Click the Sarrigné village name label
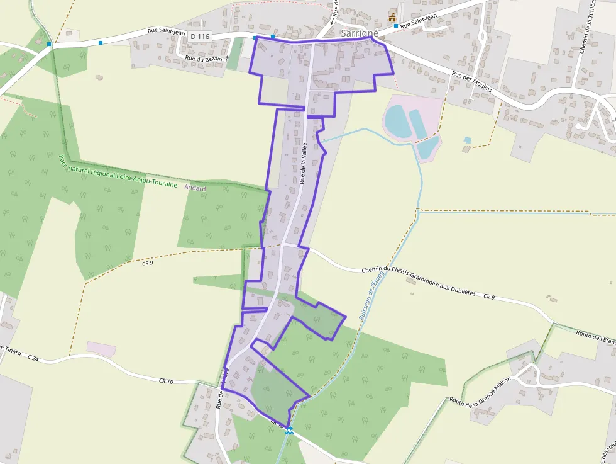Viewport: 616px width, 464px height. tap(358, 33)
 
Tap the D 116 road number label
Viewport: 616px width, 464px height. tap(199, 37)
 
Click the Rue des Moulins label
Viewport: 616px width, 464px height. tap(471, 82)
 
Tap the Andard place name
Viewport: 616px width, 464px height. tap(195, 188)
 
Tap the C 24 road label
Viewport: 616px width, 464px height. tap(33, 358)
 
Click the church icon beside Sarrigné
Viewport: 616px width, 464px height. tap(393, 17)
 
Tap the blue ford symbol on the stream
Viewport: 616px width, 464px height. tap(289, 431)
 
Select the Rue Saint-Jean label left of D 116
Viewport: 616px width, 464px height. tap(166, 30)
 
